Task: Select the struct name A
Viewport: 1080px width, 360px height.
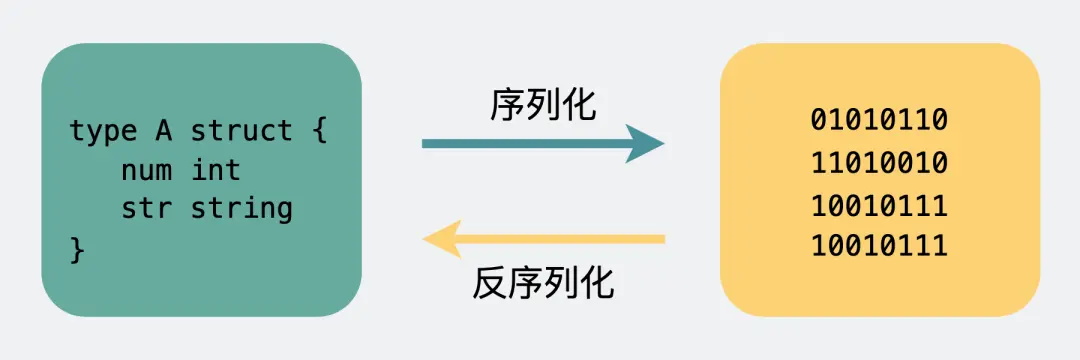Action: (165, 131)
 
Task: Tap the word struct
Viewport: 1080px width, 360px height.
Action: (241, 131)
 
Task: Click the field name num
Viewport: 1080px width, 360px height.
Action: (146, 170)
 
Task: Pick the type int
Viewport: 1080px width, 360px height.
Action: (216, 170)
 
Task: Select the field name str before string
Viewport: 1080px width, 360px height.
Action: (146, 209)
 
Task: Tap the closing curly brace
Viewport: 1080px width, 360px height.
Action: (78, 247)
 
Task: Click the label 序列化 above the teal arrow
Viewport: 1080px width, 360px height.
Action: (543, 104)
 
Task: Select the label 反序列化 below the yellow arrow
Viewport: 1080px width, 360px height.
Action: (543, 284)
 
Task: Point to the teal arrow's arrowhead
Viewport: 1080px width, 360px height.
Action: (645, 143)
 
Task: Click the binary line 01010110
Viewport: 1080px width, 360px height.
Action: (879, 121)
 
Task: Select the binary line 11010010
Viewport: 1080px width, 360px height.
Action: (879, 163)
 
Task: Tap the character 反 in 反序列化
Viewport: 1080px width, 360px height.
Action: (489, 284)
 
